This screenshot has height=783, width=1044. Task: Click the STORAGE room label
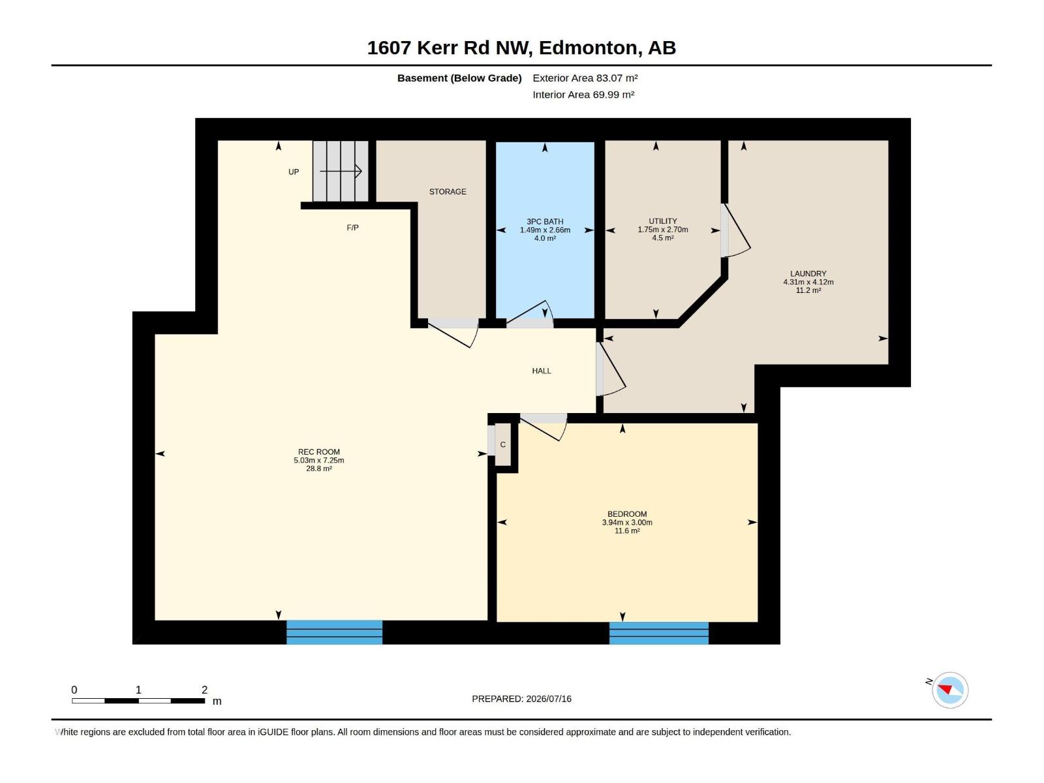448,192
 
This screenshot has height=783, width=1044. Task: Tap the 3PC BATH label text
545,222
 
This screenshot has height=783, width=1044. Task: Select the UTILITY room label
662,221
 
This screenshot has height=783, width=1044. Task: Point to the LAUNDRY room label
808,274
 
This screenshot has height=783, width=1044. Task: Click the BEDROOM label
627,514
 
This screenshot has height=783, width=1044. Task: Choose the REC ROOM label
318,452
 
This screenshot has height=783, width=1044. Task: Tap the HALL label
542,371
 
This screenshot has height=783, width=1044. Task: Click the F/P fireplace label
352,228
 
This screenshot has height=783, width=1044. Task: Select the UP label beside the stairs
294,172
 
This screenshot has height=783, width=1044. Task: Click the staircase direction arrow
341,171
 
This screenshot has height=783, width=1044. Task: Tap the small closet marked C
502,445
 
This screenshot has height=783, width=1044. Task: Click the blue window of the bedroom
659,633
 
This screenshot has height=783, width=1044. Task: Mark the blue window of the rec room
334,632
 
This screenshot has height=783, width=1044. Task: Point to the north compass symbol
950,690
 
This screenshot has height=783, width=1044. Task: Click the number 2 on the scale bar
204,690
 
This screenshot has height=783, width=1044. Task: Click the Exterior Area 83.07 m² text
585,78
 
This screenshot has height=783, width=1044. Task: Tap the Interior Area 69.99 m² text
583,95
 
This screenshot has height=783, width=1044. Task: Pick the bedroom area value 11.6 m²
627,530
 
